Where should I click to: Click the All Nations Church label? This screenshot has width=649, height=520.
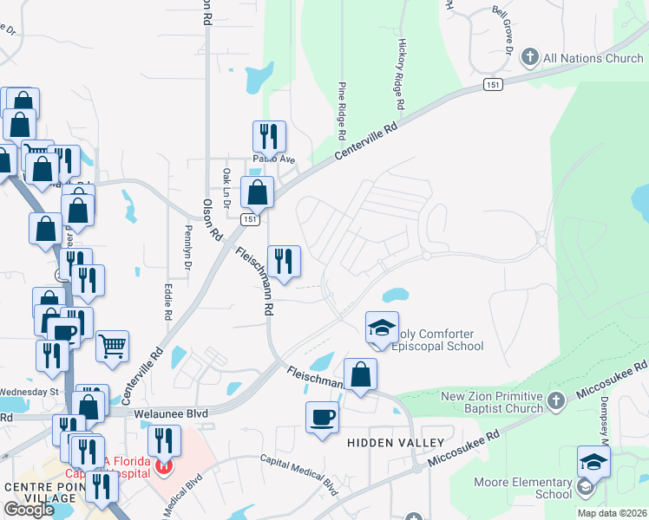click(593, 58)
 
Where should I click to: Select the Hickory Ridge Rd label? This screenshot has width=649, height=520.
click(401, 73)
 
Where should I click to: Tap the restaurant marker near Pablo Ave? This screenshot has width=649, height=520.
click(269, 137)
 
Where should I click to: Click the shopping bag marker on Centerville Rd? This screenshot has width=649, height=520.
click(258, 192)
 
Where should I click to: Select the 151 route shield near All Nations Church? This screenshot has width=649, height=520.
click(493, 85)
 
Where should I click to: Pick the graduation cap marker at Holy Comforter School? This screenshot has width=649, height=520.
click(382, 328)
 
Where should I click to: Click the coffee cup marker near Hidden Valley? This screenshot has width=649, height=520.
click(322, 418)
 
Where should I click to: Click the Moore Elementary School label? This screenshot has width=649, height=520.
click(522, 488)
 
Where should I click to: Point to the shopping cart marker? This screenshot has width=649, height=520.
click(113, 347)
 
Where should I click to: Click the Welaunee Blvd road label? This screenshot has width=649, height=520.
click(172, 414)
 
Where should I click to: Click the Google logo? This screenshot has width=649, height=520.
click(29, 510)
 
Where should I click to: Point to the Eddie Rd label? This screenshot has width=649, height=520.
click(168, 296)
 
